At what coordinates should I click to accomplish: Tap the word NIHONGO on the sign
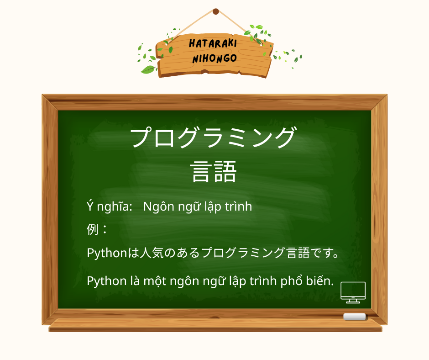pyautogui.click(x=214, y=58)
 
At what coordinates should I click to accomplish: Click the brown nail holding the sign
pyautogui.click(x=216, y=11)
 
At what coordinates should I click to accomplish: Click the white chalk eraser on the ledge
pyautogui.click(x=355, y=317)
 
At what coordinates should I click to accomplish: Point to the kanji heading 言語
pyautogui.click(x=214, y=172)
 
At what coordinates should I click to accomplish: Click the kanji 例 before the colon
pyautogui.click(x=93, y=229)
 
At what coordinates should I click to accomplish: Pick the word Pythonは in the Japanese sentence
pyautogui.click(x=112, y=253)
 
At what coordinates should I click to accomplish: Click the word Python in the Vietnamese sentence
pyautogui.click(x=106, y=281)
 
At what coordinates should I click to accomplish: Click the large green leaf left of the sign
pyautogui.click(x=148, y=69)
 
